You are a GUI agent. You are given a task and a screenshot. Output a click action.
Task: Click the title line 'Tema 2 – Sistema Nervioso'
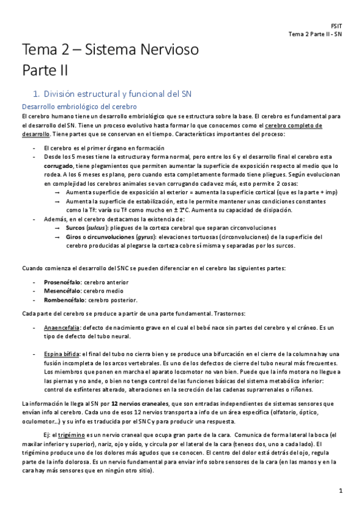111,51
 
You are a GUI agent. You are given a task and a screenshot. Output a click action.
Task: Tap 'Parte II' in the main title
45,71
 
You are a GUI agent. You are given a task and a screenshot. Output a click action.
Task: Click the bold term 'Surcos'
75,228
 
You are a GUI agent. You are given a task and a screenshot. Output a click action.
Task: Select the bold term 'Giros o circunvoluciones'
99,237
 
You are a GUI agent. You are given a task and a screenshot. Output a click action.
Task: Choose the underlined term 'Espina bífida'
60,354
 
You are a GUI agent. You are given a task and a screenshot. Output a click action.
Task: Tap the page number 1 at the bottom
342,490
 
